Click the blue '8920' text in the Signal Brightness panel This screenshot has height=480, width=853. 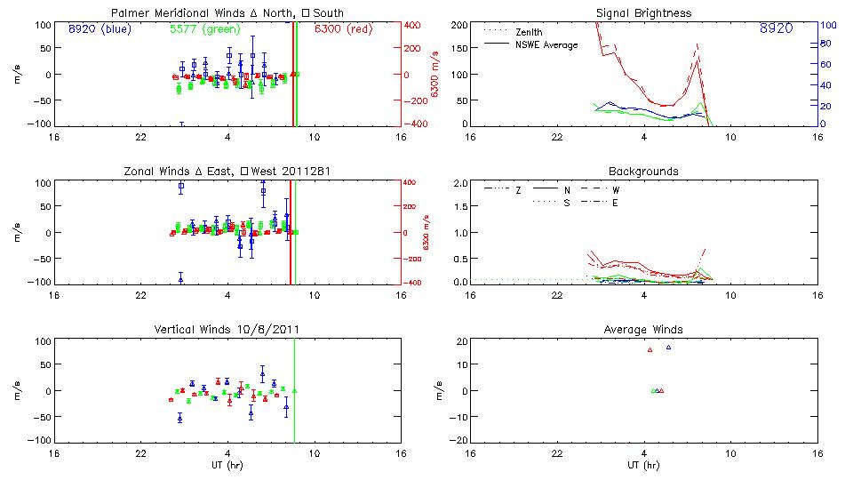coord(777,28)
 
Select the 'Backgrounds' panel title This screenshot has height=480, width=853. coord(643,171)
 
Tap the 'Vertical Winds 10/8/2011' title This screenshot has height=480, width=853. coord(227,329)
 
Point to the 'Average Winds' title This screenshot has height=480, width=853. coord(643,329)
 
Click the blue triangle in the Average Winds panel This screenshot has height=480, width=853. coord(668,348)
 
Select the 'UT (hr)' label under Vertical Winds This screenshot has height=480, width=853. coord(227,465)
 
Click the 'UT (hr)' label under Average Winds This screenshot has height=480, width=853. coord(643,465)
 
